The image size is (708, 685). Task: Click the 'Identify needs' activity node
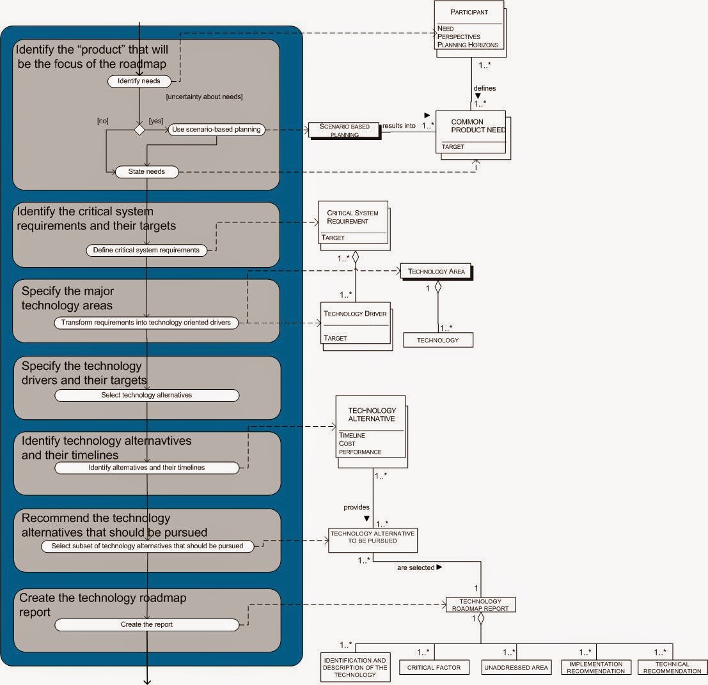139,81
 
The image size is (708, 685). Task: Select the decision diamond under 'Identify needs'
139,130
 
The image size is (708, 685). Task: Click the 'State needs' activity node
146,172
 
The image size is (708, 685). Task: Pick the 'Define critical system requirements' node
146,250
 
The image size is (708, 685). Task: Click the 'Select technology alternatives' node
146,395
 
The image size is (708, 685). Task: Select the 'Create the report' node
146,624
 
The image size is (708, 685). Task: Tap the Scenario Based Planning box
344,130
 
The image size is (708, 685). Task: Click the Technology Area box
436,272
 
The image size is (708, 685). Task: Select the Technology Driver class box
356,325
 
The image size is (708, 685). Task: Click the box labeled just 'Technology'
437,340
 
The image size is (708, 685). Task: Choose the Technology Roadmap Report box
480,604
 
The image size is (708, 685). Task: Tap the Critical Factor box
434,668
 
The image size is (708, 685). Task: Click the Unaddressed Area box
515,668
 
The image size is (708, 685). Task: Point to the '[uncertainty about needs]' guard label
204,97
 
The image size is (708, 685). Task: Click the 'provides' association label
356,507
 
